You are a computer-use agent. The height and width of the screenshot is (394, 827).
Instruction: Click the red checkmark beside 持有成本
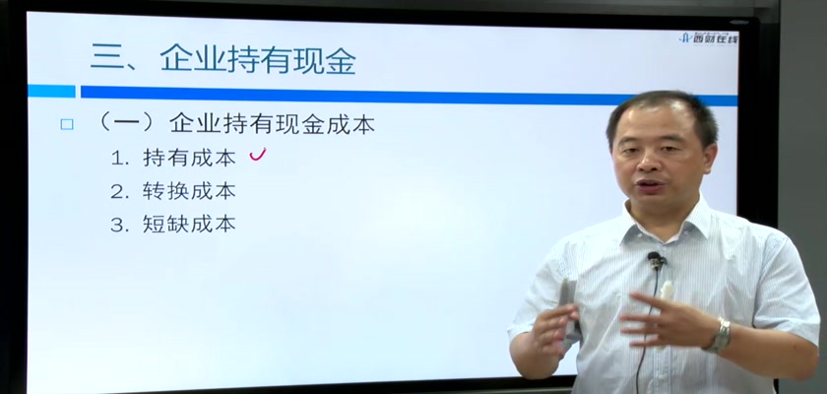pos(257,154)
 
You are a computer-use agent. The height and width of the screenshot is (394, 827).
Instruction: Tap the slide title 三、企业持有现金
pos(223,58)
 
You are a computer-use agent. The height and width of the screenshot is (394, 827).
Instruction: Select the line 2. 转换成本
pos(173,191)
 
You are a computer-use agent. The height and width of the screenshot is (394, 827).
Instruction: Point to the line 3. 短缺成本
pos(173,225)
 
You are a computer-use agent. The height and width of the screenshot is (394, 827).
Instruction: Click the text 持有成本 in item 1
pos(189,159)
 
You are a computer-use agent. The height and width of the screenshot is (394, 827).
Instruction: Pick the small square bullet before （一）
pos(67,124)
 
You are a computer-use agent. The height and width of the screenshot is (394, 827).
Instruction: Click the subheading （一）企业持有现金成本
pos(236,124)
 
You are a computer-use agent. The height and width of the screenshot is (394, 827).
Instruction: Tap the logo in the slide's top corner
pos(710,37)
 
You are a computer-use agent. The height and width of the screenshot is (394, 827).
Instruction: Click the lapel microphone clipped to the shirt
pos(656,259)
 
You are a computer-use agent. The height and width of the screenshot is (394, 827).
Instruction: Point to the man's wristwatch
pos(720,336)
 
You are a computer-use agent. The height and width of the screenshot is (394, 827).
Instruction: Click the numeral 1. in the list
pos(120,159)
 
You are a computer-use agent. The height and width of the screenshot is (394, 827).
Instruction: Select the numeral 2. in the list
pos(120,192)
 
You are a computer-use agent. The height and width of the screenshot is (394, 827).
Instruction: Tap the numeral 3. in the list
pos(120,226)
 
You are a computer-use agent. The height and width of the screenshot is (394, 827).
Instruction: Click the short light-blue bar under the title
pos(51,91)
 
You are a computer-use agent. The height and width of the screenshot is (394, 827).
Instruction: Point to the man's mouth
pos(650,185)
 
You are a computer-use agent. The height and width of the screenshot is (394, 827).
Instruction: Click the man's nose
pos(646,163)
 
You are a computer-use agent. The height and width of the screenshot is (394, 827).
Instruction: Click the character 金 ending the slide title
pos(340,58)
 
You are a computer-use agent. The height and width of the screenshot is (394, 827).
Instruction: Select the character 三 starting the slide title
pos(107,58)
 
